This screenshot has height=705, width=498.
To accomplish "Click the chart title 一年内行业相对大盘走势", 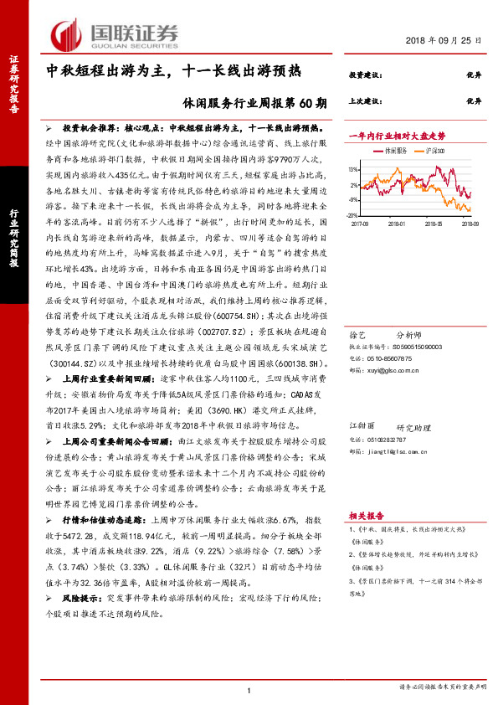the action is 397,135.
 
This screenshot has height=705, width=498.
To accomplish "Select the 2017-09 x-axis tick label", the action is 362,224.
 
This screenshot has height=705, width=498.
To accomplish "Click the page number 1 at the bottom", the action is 249,689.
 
